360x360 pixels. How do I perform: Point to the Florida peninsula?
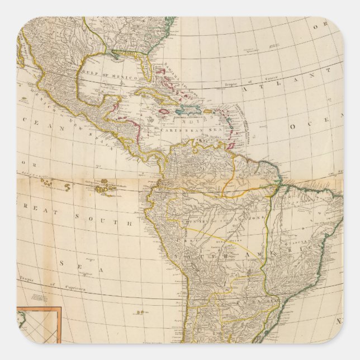146,69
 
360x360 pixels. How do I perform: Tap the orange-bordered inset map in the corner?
38,326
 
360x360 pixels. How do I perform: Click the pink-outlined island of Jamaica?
164,112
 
